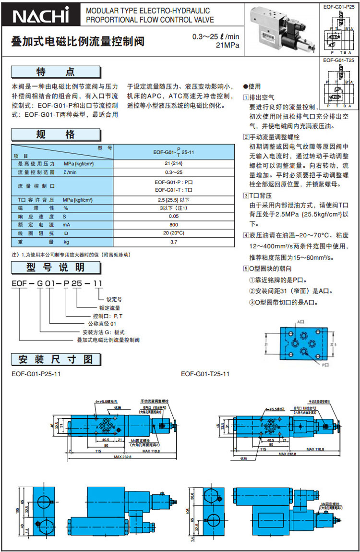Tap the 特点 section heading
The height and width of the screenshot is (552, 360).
[x=56, y=72]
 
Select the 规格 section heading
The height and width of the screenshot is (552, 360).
[x=56, y=135]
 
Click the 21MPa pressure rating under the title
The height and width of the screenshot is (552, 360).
[x=228, y=46]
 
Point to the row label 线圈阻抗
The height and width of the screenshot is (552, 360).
[x=31, y=233]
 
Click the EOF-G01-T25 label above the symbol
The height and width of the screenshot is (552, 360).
[x=339, y=61]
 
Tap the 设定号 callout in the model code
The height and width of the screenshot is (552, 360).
[x=115, y=299]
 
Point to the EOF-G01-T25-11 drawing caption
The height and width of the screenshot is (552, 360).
[x=205, y=373]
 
